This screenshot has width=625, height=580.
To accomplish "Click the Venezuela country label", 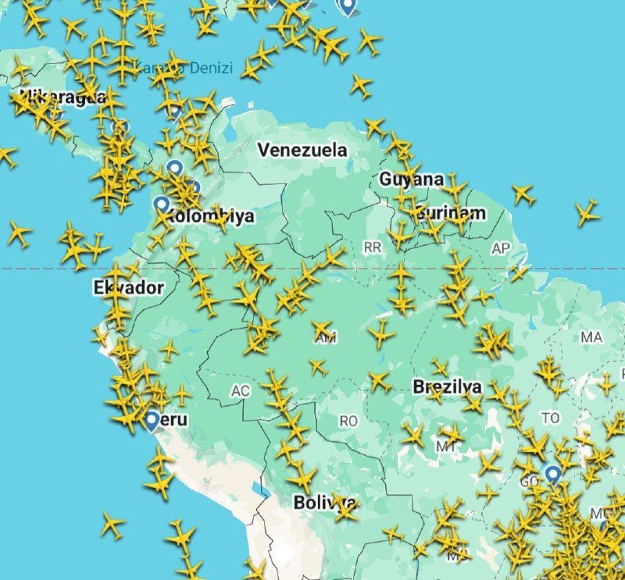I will [x=302, y=150].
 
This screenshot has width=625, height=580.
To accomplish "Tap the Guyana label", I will [x=411, y=180].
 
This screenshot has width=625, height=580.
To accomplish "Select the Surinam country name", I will [x=451, y=213].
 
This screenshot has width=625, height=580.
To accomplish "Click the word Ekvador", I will [x=128, y=288].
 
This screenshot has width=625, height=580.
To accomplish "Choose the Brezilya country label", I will [x=447, y=387].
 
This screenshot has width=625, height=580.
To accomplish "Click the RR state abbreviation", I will [x=372, y=247].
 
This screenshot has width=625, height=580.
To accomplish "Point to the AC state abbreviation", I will [x=240, y=390].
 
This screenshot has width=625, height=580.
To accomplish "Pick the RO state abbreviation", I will [x=348, y=421].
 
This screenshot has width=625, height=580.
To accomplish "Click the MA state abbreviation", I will [x=591, y=337].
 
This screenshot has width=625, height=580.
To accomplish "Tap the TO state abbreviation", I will [x=550, y=418].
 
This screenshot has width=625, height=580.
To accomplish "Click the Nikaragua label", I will [x=62, y=97].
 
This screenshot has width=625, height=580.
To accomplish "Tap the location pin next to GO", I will [x=553, y=474].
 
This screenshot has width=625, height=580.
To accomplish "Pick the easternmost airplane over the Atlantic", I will [x=587, y=212].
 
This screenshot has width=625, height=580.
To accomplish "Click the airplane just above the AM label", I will [x=322, y=329].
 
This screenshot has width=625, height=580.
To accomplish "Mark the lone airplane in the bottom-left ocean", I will [x=112, y=525].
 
